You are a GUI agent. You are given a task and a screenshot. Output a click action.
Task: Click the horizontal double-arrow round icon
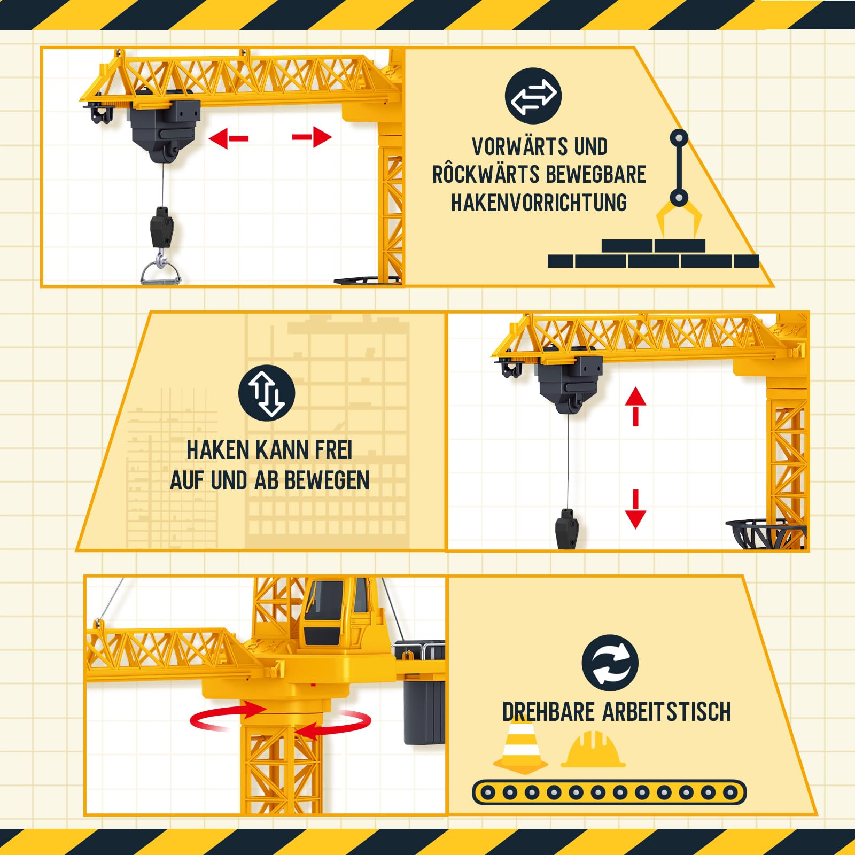click(x=533, y=96)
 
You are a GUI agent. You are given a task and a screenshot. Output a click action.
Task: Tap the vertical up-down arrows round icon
click(x=266, y=393)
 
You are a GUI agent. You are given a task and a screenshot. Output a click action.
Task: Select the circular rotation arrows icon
click(x=610, y=663)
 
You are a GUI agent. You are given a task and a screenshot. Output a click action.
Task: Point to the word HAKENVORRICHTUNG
click(x=539, y=203)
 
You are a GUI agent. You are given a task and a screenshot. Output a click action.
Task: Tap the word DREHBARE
click(x=548, y=712)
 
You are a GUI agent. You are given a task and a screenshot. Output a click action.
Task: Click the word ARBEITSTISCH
click(x=666, y=712)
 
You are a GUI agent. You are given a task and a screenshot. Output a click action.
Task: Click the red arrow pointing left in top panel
click(x=228, y=139)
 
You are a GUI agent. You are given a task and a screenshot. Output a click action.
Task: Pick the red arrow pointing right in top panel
click(x=313, y=137)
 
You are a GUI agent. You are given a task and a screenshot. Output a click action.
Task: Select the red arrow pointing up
click(x=635, y=406)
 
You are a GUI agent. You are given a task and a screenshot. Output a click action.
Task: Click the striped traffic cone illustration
click(x=520, y=744)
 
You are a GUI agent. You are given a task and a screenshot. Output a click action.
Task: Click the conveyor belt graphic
click(x=609, y=792)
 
